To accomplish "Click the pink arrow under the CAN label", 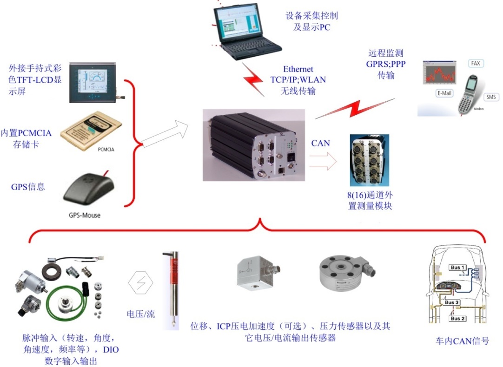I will [x=323, y=162].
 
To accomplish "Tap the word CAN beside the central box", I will [x=320, y=143].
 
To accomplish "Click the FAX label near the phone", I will [x=475, y=63].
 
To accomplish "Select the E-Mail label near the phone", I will [x=444, y=93].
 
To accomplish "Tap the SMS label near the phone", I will [x=490, y=97].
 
